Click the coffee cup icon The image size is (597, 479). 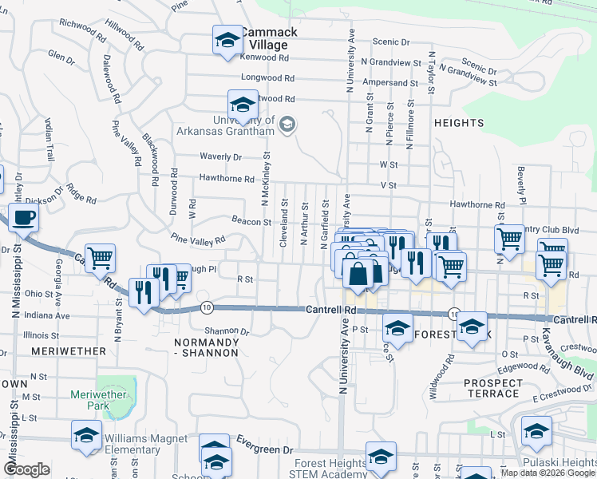[x=23, y=216]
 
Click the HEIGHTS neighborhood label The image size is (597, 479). [x=459, y=123]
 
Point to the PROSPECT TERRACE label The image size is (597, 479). [x=492, y=389]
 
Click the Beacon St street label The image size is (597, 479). [x=251, y=221]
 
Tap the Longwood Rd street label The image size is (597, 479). [x=268, y=79]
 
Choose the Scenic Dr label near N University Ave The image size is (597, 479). [x=391, y=42]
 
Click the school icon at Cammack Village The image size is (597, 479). [x=227, y=40]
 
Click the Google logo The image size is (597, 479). [x=26, y=469]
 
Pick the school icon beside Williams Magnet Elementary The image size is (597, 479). [x=86, y=435]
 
